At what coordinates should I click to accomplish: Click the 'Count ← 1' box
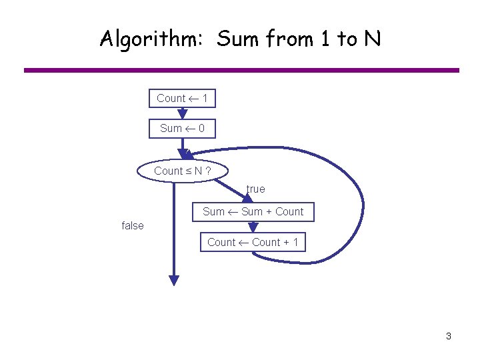point(182,99)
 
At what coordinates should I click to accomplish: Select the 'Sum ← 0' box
point(182,128)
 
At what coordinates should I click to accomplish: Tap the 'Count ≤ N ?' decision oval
point(182,171)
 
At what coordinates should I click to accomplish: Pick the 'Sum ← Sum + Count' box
point(253,212)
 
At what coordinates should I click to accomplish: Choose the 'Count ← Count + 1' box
point(253,242)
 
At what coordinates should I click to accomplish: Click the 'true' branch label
point(255,189)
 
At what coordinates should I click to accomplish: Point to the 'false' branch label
point(133,225)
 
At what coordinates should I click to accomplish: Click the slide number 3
point(449,336)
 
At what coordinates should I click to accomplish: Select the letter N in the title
point(372,39)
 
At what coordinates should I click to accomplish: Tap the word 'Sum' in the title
point(239,39)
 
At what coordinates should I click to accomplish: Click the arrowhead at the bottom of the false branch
point(173,280)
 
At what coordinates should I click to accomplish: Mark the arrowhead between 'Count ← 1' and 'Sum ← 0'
point(183,114)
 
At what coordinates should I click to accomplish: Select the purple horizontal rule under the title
point(241,70)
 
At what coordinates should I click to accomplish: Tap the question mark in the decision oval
point(208,171)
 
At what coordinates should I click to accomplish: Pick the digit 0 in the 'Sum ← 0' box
point(201,128)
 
